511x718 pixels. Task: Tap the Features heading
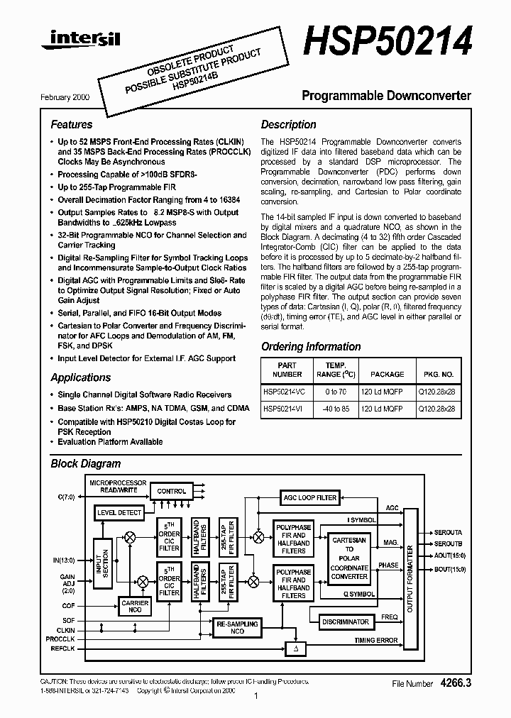pos(71,125)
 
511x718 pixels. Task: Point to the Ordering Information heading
pos(311,347)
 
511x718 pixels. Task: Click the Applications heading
pos(81,377)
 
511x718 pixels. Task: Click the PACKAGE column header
pos(387,374)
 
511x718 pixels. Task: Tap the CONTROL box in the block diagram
pos(171,491)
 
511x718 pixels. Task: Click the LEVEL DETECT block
pos(119,512)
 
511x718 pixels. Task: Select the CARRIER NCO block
pos(136,607)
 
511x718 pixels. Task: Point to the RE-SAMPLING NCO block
pos(237,627)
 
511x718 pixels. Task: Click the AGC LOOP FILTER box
pos(309,497)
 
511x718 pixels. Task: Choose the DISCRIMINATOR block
pos(346,622)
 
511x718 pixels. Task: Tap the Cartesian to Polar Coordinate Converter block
pos(350,558)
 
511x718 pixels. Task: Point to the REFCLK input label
pos(64,648)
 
